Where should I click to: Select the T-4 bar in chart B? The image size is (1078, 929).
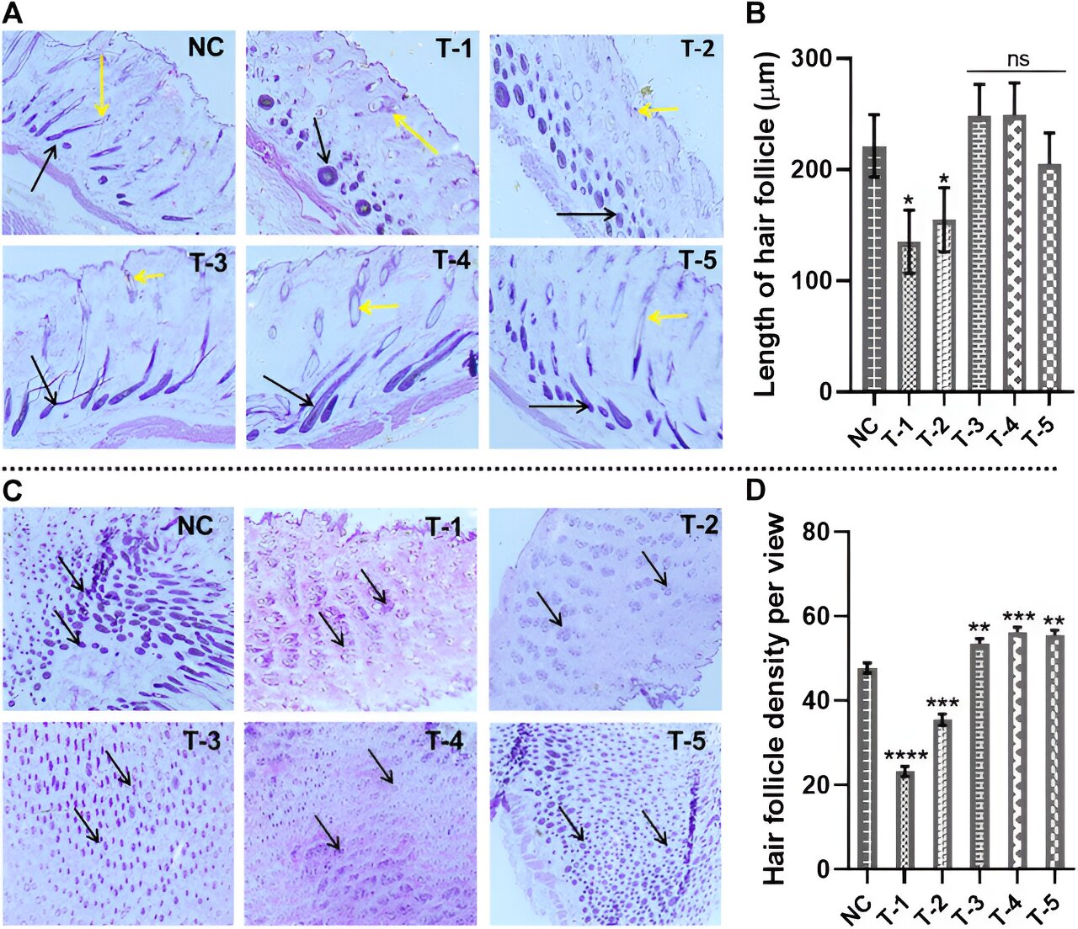point(1014,253)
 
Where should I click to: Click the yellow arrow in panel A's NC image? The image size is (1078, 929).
point(101,84)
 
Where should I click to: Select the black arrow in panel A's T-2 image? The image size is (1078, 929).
point(586,215)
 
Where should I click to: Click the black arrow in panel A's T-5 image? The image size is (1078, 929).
point(558,407)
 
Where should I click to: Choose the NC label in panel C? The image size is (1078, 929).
point(195,526)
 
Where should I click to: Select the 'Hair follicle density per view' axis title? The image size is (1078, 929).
point(773,698)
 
